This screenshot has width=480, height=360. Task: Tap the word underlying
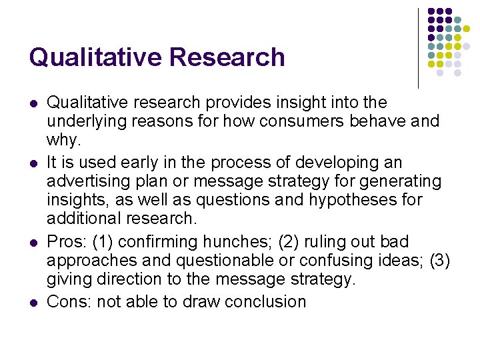coord(87,121)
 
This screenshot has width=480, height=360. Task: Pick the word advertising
coord(91,181)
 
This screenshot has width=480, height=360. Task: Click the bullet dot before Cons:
coord(33,303)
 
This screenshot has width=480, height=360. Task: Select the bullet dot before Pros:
coord(33,243)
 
